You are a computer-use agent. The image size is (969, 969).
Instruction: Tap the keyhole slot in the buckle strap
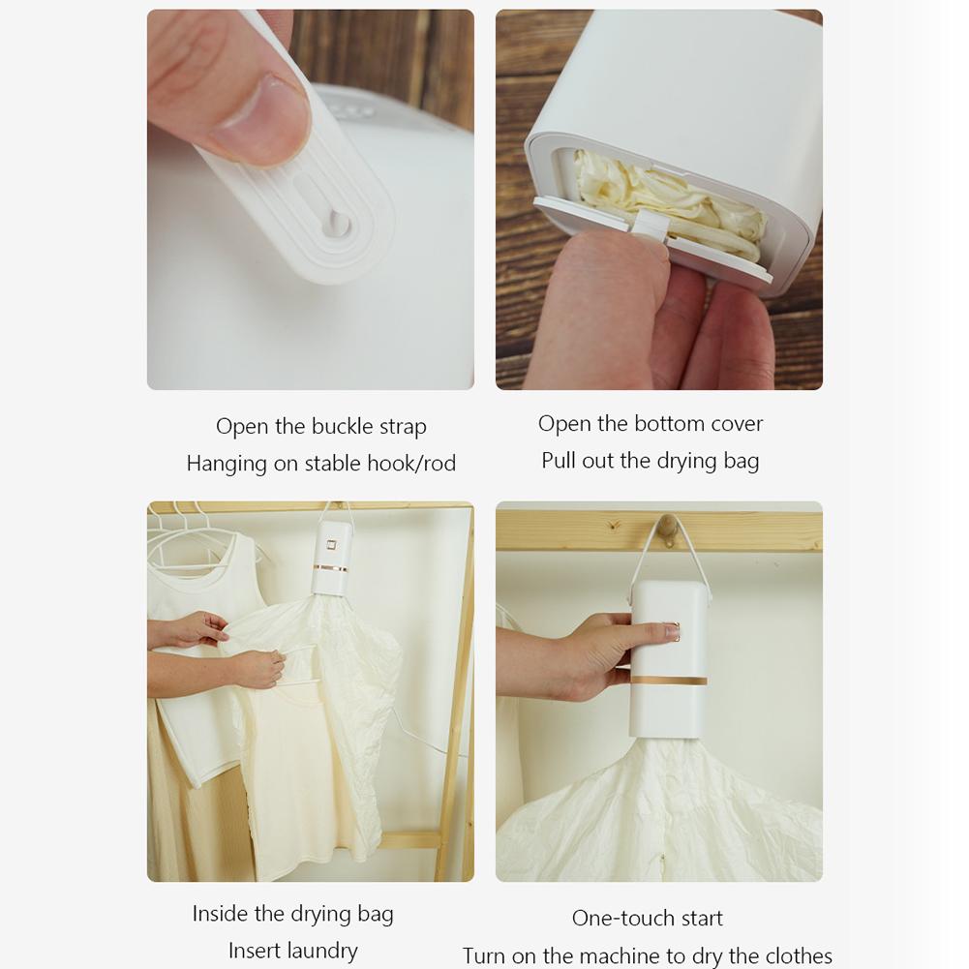point(336,222)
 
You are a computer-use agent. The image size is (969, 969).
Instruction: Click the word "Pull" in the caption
point(559,461)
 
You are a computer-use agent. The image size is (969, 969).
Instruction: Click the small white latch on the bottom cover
point(650,225)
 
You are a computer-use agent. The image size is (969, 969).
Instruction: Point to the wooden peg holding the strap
point(667,528)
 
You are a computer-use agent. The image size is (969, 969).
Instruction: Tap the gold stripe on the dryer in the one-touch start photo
point(669,681)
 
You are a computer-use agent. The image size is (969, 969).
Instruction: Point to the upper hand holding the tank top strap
point(190,629)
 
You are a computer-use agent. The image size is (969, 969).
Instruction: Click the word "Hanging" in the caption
point(227,464)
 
